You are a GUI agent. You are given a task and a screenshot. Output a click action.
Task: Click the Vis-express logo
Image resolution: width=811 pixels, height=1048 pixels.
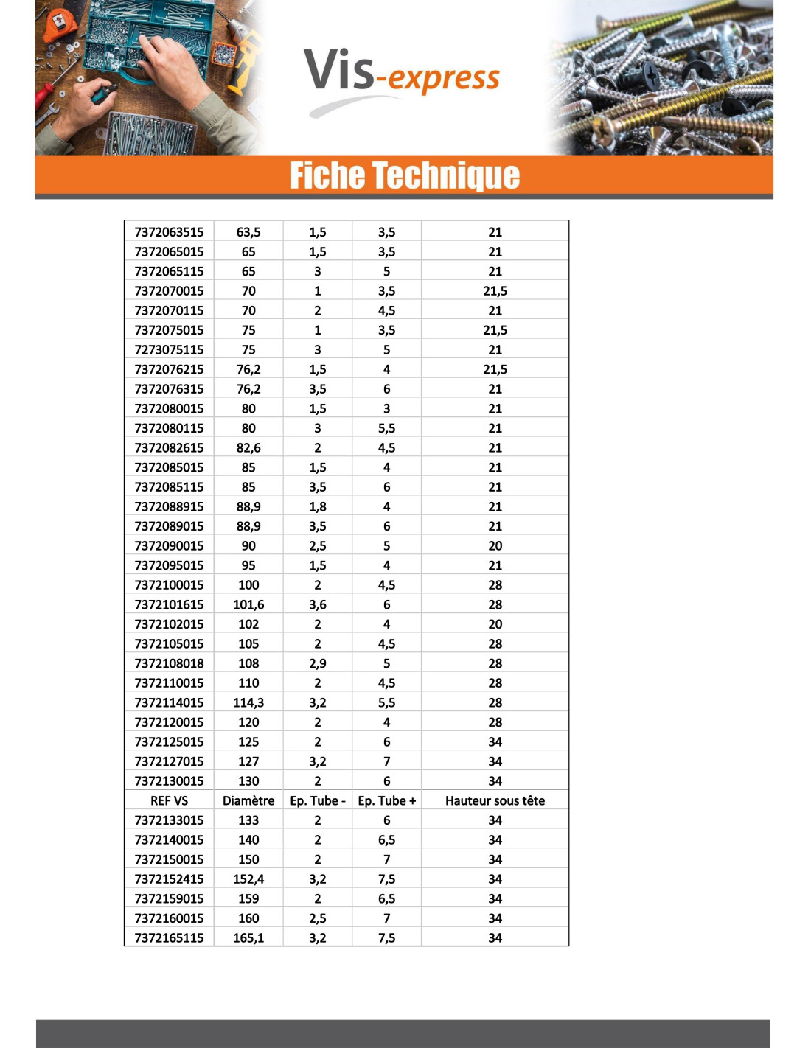tap(402, 77)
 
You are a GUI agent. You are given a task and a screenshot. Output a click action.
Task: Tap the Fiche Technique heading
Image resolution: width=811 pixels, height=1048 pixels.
tap(405, 176)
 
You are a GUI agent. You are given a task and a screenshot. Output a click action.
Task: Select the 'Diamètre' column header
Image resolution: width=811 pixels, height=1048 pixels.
tap(248, 800)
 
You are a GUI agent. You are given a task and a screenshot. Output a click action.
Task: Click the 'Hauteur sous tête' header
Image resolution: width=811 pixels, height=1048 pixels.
tap(495, 800)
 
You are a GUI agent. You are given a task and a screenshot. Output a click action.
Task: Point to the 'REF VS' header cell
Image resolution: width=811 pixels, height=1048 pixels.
tap(169, 800)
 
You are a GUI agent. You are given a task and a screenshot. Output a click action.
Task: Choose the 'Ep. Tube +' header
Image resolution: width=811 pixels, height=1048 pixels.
tap(386, 800)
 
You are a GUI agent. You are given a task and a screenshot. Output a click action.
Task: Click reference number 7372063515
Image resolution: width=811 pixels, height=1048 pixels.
tap(169, 232)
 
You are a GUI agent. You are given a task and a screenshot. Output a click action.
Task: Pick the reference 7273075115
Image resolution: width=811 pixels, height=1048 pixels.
tap(169, 349)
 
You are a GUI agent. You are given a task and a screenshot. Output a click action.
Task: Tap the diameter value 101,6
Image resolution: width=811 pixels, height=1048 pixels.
tap(248, 604)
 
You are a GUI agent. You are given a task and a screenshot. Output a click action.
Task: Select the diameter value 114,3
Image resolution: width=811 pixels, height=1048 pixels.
tap(248, 702)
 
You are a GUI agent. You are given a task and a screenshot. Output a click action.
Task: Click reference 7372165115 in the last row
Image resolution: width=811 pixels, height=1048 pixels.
tap(169, 937)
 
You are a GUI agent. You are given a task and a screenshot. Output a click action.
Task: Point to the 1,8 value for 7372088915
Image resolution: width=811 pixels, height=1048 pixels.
tap(317, 506)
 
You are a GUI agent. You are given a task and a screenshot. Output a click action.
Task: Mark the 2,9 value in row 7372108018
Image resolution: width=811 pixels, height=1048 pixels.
tap(317, 663)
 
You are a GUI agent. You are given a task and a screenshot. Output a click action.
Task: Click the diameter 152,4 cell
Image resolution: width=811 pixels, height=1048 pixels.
tap(248, 878)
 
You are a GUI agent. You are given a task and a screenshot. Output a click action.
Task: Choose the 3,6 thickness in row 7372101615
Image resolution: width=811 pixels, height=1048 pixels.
tap(317, 604)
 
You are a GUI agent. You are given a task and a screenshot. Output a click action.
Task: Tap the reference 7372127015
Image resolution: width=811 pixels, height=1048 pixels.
tap(169, 761)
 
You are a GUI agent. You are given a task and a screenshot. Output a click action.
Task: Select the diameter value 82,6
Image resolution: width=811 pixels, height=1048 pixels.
tap(248, 447)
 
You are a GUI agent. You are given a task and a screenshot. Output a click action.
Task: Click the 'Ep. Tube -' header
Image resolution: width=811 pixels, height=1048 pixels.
tap(317, 800)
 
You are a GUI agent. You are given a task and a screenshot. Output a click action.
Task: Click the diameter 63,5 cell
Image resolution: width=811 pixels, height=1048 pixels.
tap(248, 232)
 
